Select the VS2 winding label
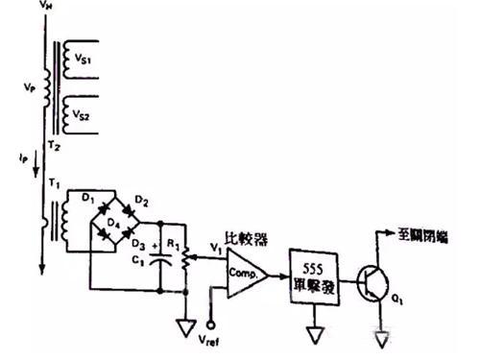84,116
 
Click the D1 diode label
87,199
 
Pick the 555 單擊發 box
316,274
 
